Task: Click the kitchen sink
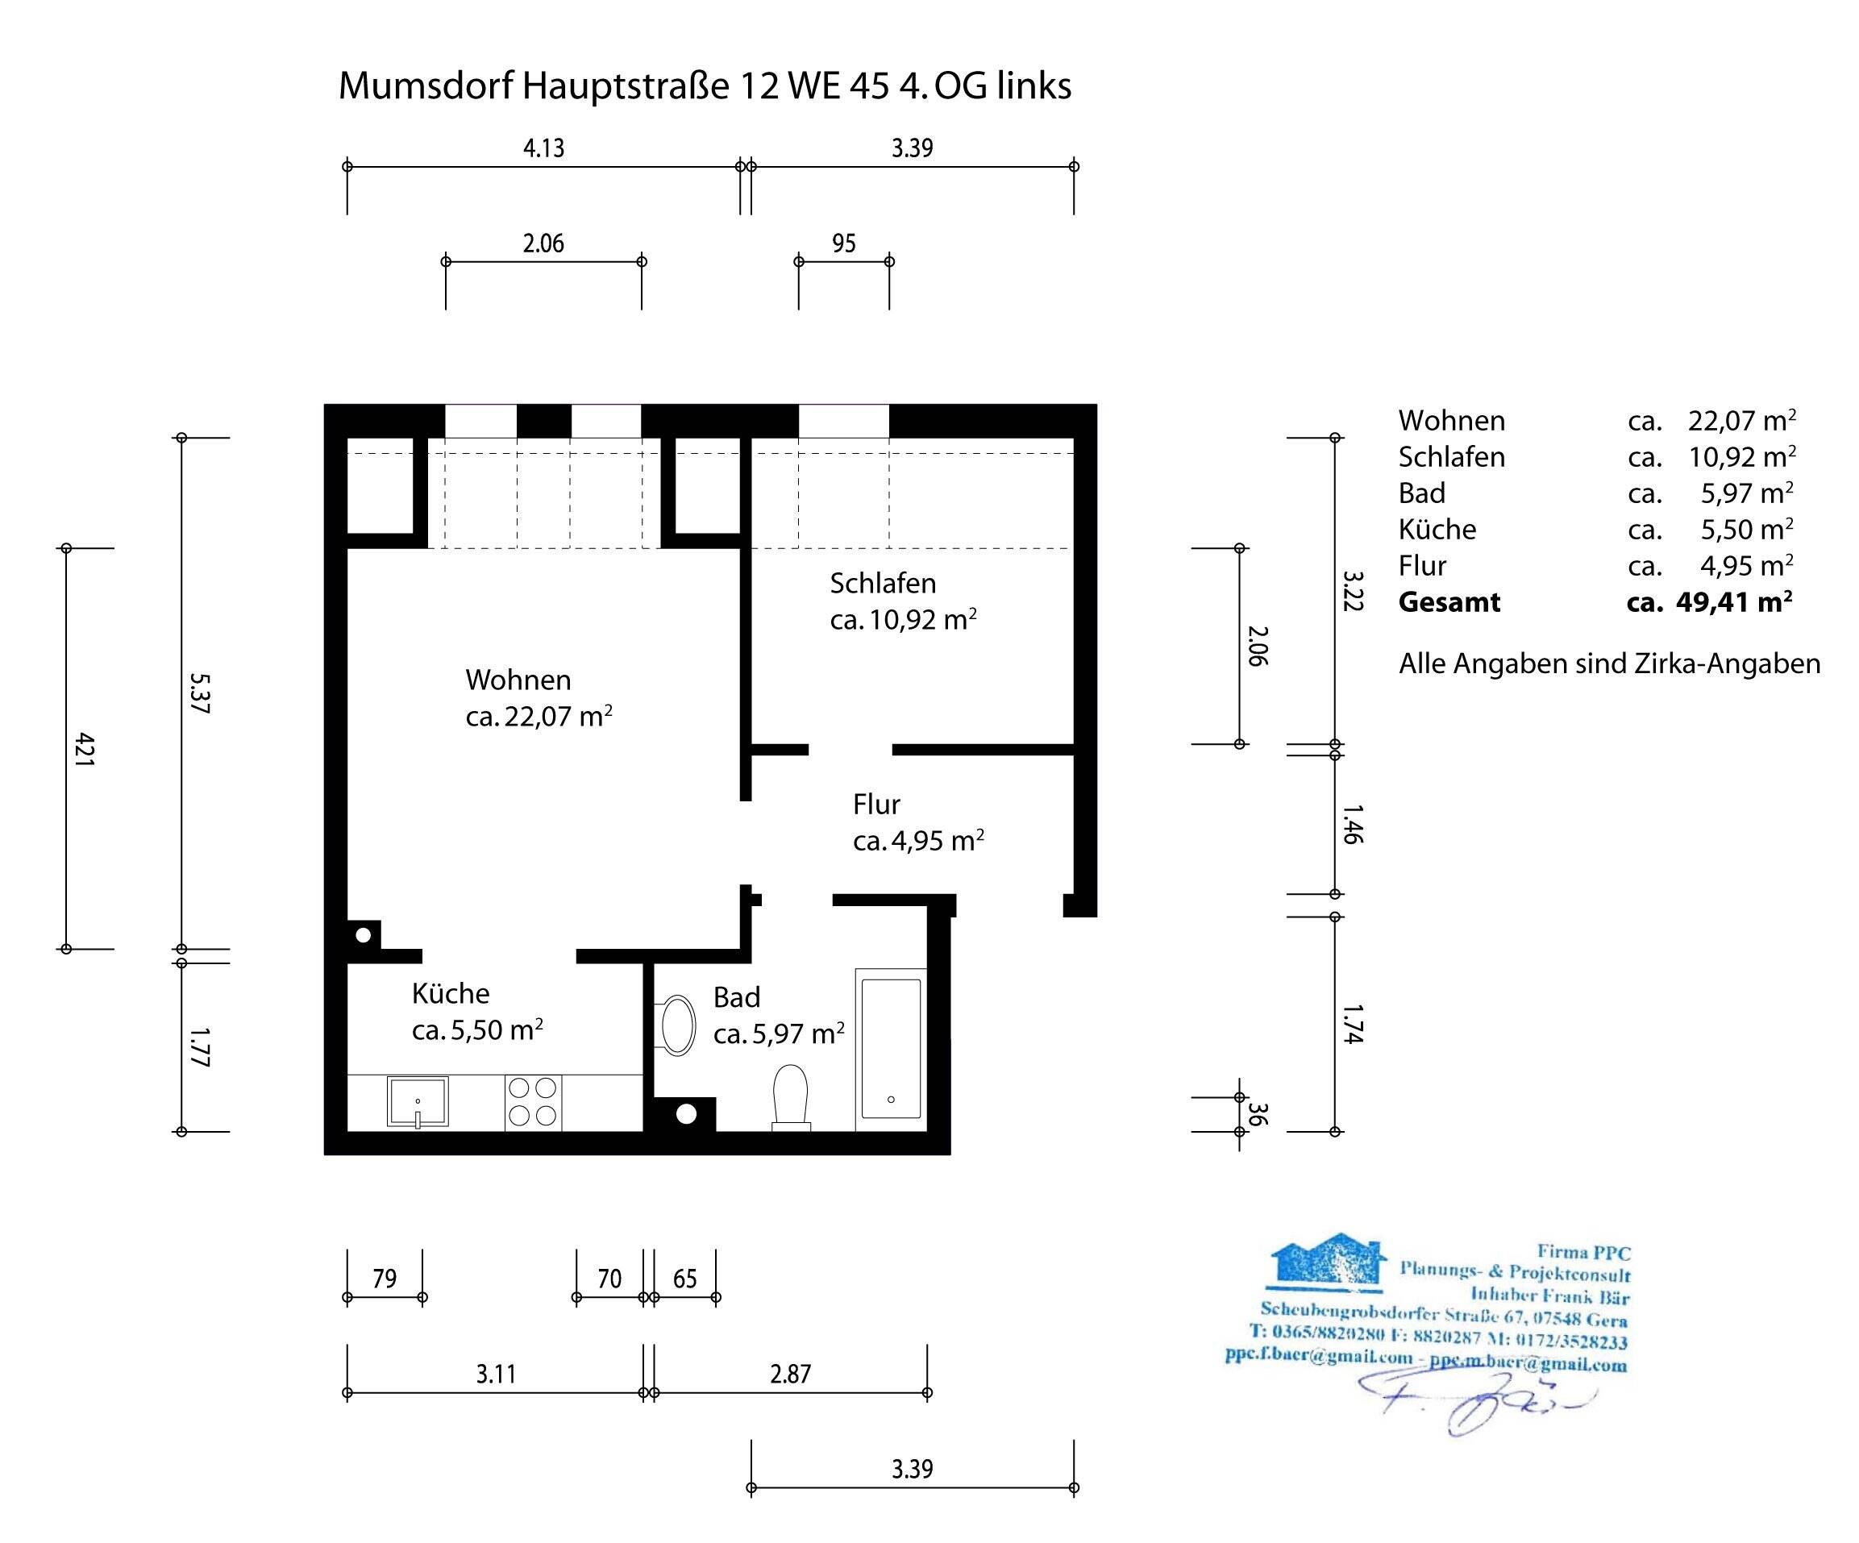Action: tap(418, 1102)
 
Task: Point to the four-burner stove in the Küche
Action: tap(533, 1102)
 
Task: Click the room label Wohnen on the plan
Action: tap(518, 680)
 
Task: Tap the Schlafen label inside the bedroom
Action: tap(883, 584)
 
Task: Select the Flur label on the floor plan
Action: tap(876, 804)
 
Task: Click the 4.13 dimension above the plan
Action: tap(543, 148)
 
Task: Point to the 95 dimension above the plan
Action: tap(843, 243)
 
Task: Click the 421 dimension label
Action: tap(83, 749)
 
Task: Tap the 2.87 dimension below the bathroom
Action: tap(791, 1374)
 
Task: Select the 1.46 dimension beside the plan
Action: tap(1352, 824)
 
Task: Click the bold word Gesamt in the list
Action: tap(1449, 602)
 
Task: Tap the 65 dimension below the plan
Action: tap(685, 1279)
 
